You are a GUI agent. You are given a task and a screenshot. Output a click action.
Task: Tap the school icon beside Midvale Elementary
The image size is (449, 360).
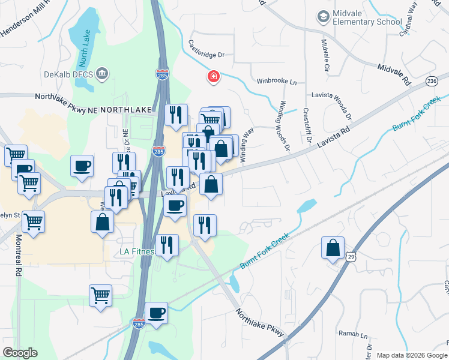coord(324,17)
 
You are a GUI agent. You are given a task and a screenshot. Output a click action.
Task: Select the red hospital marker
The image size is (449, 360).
coord(212,76)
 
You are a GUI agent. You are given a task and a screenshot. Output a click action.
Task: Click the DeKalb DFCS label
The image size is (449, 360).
coord(69,74)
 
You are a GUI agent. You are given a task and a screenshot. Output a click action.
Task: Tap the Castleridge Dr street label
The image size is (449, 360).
coord(206,49)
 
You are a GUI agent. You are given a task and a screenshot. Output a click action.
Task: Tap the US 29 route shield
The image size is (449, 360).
coord(351,257)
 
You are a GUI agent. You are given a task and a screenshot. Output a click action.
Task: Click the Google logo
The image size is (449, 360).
coord(20,352)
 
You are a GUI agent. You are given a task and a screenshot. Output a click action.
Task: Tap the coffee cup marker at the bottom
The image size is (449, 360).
coord(156,313)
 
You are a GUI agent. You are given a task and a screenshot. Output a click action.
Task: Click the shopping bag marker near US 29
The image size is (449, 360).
coord(333,248)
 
